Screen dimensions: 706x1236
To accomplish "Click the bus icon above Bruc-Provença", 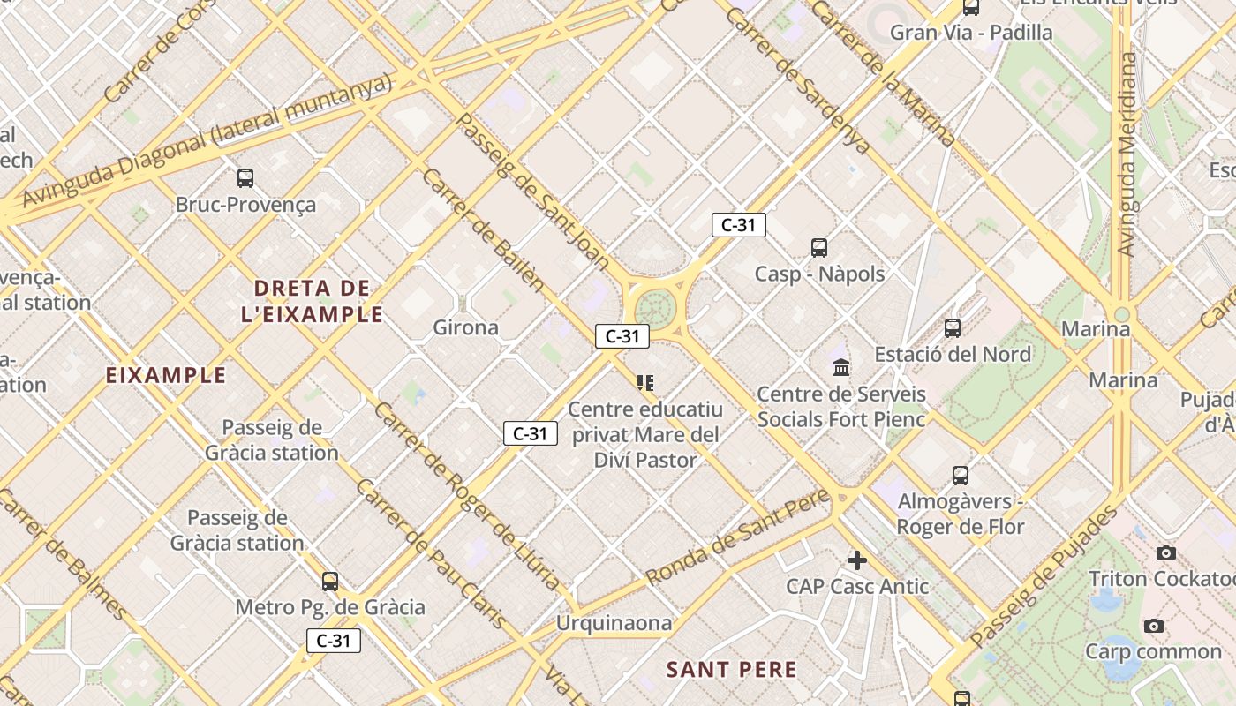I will tap(245, 178).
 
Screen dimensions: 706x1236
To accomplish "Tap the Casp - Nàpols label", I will tap(819, 274).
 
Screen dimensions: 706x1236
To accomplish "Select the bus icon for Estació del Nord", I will tap(953, 328).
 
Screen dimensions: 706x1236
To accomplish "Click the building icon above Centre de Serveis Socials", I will tap(841, 367).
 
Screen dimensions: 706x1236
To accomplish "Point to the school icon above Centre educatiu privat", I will tap(645, 383).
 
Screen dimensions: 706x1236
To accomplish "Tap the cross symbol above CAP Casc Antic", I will tap(856, 560).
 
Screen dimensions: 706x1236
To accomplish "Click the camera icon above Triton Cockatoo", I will tap(1166, 553).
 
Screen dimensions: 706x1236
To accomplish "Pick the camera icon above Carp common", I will tap(1153, 627).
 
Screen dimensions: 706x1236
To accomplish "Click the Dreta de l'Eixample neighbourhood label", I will tap(313, 301).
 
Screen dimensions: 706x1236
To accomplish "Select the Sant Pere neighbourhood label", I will tap(732, 670).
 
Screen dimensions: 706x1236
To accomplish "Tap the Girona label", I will tap(465, 328).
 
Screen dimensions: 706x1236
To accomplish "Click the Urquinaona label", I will tap(614, 623).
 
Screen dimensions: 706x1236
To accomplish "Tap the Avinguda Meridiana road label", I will tap(1127, 154).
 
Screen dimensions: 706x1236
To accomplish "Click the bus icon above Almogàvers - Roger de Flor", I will tap(961, 476).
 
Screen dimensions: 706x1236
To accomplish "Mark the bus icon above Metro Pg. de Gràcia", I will tap(330, 582).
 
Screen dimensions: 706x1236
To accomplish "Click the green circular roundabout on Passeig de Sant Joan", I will tap(654, 309).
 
